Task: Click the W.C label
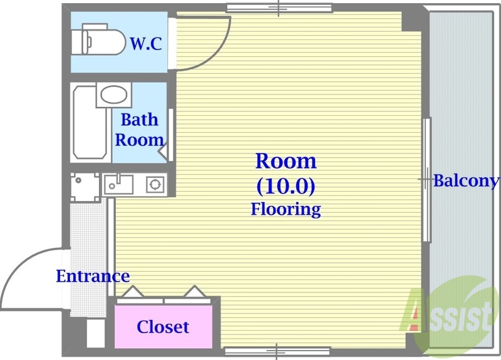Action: (x=146, y=44)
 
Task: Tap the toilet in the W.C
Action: (x=98, y=39)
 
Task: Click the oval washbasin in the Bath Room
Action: (x=114, y=95)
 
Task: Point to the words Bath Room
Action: (x=139, y=130)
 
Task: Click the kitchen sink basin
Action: (x=118, y=185)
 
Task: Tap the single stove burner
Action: (x=155, y=184)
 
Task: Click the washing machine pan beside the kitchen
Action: (x=85, y=187)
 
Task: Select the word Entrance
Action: (x=93, y=276)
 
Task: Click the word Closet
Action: (x=163, y=327)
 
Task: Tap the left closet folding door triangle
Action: (x=133, y=292)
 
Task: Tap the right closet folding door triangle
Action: (x=194, y=292)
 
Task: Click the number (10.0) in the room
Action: (x=286, y=186)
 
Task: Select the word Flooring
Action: (x=286, y=209)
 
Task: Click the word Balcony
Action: (x=467, y=181)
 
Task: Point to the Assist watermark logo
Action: (x=447, y=316)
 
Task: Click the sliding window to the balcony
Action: (x=427, y=180)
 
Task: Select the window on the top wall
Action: (x=279, y=8)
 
